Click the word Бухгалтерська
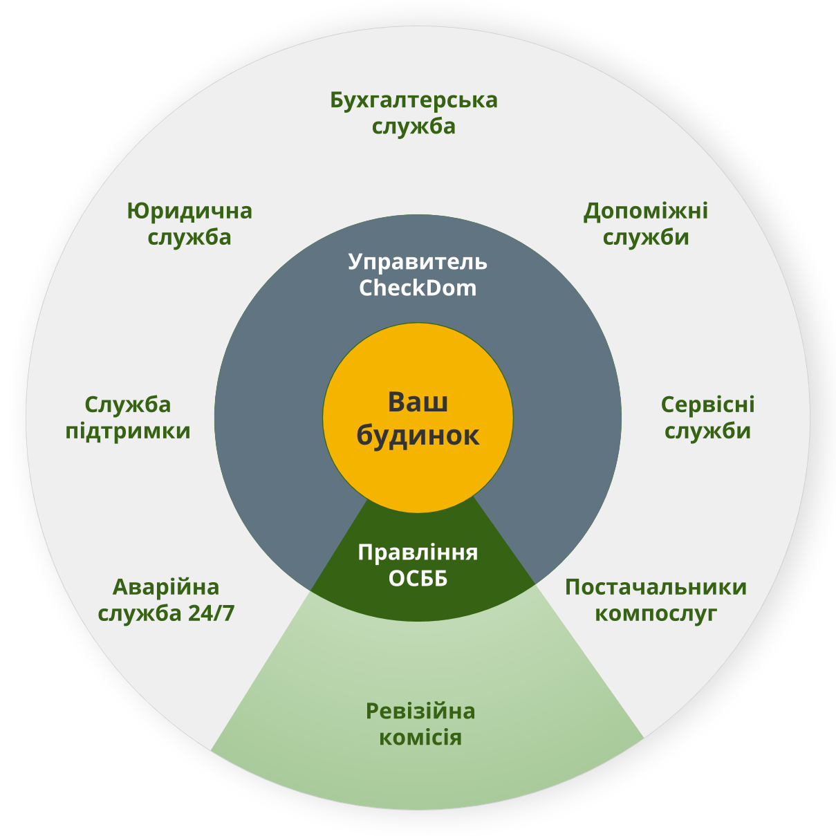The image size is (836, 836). click(414, 100)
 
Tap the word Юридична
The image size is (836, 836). click(189, 211)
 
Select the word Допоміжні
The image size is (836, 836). click(646, 211)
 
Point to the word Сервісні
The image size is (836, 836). click(707, 405)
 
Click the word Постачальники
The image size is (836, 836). click(656, 587)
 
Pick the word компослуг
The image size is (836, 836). click(656, 613)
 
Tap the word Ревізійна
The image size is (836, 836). click(420, 711)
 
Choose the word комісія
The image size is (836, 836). click(420, 737)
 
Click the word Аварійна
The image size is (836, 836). click(166, 587)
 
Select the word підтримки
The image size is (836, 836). click(128, 431)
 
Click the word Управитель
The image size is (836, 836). click(418, 262)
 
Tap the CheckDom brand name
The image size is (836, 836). click(418, 288)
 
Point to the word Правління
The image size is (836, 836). click(418, 552)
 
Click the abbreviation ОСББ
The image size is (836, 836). click(418, 578)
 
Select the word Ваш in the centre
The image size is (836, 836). click(418, 402)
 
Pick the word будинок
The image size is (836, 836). click(418, 436)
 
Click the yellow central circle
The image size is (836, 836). click(418, 477)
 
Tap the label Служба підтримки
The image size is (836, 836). click(128, 418)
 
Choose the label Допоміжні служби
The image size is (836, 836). click(646, 224)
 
